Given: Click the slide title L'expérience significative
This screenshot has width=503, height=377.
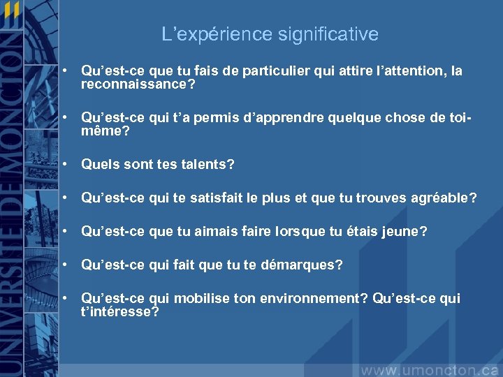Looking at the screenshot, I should (x=270, y=34).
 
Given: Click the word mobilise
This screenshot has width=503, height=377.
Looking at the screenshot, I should (x=202, y=299).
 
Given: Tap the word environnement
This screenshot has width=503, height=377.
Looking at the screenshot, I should (x=312, y=299).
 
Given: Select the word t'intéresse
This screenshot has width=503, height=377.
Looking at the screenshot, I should (x=119, y=312).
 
